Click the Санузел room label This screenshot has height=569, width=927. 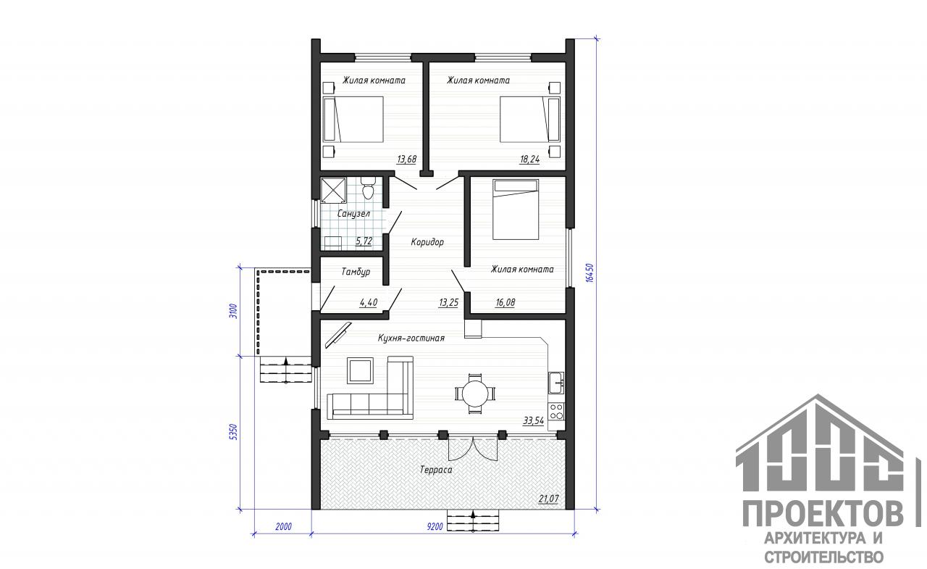click(353, 214)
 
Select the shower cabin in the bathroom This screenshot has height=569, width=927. click(333, 190)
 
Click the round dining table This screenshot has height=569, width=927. click(475, 393)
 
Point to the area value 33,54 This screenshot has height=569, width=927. click(534, 421)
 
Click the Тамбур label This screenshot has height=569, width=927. click(356, 272)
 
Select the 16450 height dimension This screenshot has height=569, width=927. click(590, 273)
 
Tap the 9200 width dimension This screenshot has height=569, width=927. click(435, 526)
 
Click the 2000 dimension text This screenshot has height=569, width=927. click(283, 526)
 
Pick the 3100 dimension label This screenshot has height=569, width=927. click(234, 311)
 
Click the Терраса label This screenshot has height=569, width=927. click(436, 470)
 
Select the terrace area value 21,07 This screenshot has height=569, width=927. click(548, 499)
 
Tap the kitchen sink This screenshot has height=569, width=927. click(555, 383)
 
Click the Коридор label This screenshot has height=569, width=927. click(427, 242)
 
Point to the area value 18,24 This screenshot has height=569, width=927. click(529, 159)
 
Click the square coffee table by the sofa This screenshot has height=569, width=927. click(360, 370)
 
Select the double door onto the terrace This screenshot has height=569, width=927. click(473, 448)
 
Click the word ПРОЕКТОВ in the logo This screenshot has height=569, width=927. click(822, 513)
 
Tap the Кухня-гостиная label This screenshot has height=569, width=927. click(411, 339)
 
